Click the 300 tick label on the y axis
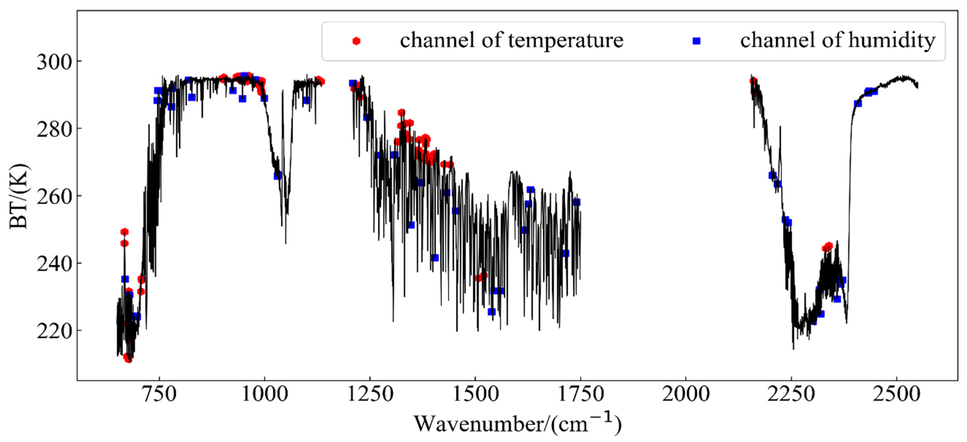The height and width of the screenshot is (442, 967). (54, 62)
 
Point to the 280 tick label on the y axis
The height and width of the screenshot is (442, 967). (54, 129)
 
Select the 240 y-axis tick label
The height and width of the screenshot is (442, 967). (54, 264)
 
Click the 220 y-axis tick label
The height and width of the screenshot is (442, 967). (54, 331)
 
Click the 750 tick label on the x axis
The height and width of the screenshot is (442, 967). (159, 394)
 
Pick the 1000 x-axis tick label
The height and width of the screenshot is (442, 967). (265, 394)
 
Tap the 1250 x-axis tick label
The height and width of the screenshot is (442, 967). (370, 394)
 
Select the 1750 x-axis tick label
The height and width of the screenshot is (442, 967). (581, 394)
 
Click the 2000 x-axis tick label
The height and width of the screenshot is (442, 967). (686, 394)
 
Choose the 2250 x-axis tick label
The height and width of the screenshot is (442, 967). (791, 394)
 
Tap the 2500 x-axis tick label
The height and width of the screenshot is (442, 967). (896, 394)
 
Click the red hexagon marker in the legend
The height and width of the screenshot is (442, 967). (356, 41)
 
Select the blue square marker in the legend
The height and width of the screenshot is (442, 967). (696, 41)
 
